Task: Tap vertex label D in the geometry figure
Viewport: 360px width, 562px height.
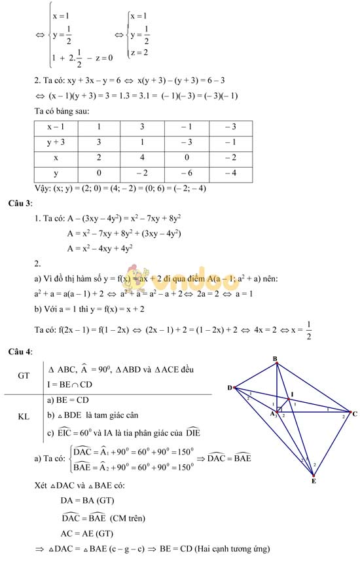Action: pyautogui.click(x=230, y=388)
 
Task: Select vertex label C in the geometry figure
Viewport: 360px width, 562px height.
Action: pyautogui.click(x=354, y=414)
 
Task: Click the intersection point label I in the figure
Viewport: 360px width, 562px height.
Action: pyautogui.click(x=291, y=394)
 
